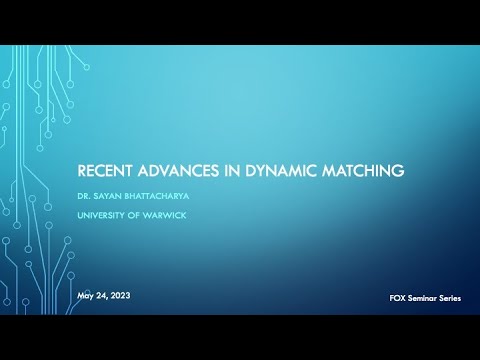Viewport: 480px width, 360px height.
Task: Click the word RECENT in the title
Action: pos(108,171)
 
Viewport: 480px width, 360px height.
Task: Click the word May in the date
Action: pos(87,297)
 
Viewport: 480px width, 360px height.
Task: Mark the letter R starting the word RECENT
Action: pos(84,171)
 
